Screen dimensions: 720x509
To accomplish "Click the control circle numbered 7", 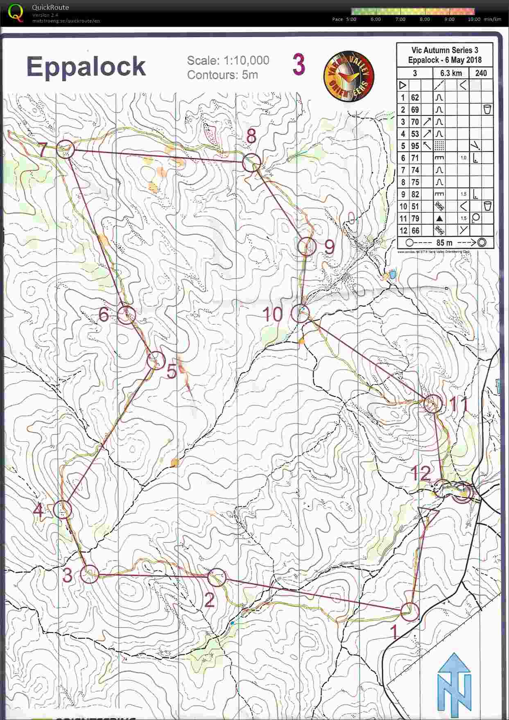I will [x=66, y=149].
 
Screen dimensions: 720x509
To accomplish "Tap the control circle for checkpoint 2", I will [x=217, y=577].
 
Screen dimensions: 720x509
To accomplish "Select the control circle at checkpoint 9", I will [x=307, y=247].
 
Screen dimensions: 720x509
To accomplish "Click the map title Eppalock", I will [x=86, y=67].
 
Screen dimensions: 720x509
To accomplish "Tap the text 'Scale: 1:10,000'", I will [x=228, y=61].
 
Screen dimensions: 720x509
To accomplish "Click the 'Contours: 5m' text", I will [x=222, y=75].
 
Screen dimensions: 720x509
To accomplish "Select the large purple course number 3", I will [x=299, y=65].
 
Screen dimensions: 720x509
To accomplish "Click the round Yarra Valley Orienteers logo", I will [x=348, y=76].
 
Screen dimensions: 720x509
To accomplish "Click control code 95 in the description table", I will [x=415, y=146].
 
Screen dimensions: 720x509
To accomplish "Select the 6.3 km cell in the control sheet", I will [x=451, y=73].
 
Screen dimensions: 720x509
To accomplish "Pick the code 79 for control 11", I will [x=415, y=218].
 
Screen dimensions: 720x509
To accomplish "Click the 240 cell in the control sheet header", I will [x=481, y=73].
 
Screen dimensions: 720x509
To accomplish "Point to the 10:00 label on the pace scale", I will [x=474, y=19].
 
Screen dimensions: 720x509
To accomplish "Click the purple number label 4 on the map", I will [x=38, y=510].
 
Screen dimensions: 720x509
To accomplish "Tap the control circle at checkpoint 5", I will [x=156, y=360].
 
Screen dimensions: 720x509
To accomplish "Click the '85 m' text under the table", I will [x=444, y=243].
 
